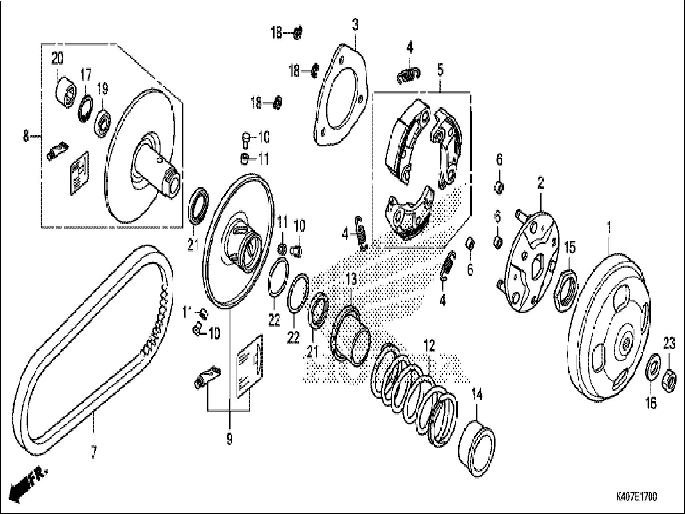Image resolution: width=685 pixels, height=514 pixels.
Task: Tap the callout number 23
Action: (669, 343)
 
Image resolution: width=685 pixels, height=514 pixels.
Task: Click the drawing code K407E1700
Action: (637, 497)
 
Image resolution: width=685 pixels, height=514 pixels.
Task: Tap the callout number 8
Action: (26, 137)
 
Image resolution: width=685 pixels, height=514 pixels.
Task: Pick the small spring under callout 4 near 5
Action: (409, 75)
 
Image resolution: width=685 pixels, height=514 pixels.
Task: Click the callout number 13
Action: (351, 279)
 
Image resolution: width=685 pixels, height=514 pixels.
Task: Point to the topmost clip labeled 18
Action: (297, 33)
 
